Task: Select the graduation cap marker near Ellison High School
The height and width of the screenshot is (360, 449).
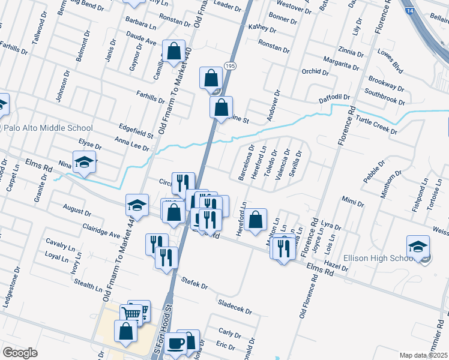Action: [x=418, y=247]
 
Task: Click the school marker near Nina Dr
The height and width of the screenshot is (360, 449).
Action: [x=85, y=161]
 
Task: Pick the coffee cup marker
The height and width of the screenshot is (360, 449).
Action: [x=176, y=344]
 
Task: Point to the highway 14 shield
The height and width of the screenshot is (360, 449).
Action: [x=409, y=11]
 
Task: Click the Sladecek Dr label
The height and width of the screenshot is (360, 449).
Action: [x=235, y=307]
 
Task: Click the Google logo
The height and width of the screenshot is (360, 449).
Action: [x=20, y=353]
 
